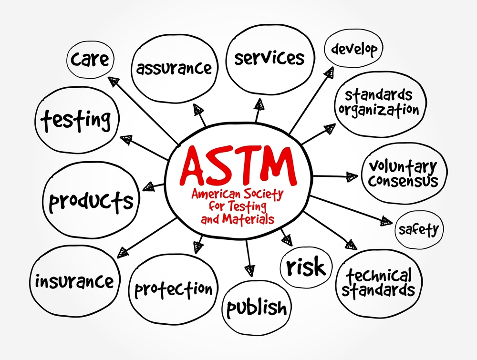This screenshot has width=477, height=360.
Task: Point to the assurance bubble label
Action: click(174, 68)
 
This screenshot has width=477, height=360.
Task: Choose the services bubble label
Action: click(270, 58)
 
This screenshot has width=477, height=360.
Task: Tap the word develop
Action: click(354, 49)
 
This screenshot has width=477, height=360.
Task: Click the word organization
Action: click(379, 110)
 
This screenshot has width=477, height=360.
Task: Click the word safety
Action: click(419, 230)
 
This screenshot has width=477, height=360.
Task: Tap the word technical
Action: click(379, 276)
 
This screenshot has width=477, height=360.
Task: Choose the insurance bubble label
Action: click(74, 281)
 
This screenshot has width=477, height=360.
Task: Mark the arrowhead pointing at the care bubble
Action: click(114, 81)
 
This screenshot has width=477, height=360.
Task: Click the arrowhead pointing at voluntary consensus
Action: click(352, 177)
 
